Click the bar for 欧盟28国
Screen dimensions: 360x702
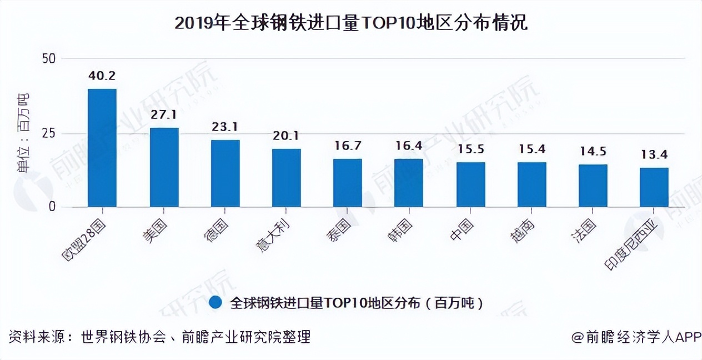click(102, 148)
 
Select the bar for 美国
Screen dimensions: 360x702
click(164, 167)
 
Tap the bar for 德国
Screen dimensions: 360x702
click(225, 173)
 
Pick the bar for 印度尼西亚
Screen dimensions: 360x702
click(654, 187)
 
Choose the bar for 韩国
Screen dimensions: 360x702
click(409, 183)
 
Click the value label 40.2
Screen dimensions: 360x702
click(102, 76)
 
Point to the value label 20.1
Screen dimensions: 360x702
click(286, 136)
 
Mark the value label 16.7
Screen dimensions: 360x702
click(347, 146)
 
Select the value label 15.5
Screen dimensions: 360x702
click(470, 149)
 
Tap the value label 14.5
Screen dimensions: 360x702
click(593, 152)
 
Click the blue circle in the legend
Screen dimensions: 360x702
click(217, 303)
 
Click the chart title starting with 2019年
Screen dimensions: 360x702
click(350, 23)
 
